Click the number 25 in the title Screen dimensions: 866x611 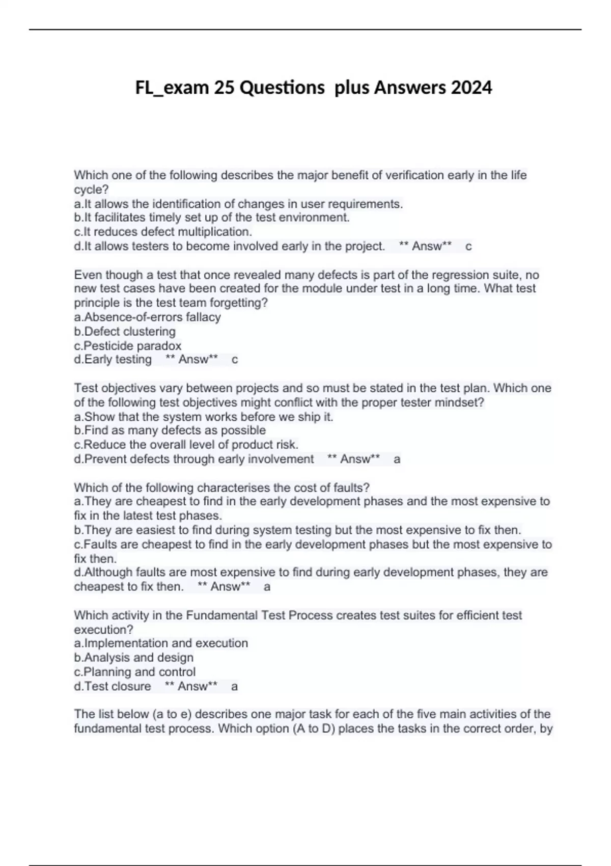coord(224,88)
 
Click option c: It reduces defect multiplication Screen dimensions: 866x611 coord(163,232)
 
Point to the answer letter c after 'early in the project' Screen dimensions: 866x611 coord(468,247)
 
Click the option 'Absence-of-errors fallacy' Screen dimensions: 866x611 coord(148,317)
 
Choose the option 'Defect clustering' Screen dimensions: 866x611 coord(125,331)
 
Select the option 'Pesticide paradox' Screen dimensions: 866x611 coord(128,345)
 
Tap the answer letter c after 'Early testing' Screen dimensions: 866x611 coord(235,360)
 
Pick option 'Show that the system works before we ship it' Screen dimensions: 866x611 coord(204,417)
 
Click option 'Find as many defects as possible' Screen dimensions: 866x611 coord(170,430)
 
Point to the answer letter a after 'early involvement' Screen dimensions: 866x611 coord(397,459)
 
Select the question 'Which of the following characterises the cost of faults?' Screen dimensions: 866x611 coord(222,488)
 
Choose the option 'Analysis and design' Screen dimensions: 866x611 coord(134,658)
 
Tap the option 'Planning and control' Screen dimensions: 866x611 coord(135,672)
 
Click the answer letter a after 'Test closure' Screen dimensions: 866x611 coord(234,686)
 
